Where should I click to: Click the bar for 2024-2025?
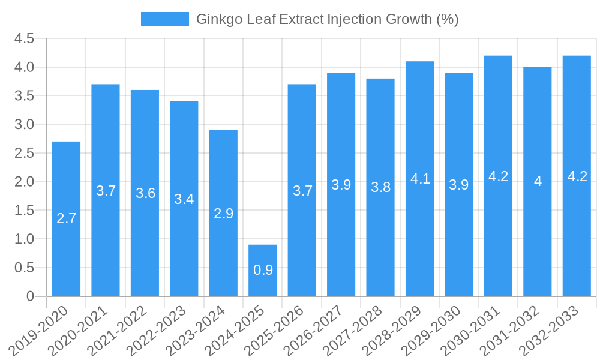pos(263,271)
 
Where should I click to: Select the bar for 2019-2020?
pos(66,219)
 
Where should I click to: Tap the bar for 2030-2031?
pos(498,176)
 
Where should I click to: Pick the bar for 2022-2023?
pos(184,199)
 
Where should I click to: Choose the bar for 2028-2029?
pos(419,179)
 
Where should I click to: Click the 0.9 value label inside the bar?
pos(263,270)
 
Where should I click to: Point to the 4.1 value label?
pos(420,179)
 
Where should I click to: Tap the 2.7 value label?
pos(66,218)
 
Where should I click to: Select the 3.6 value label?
pos(145,193)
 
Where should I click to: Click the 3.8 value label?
pos(380,187)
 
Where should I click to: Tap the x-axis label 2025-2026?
pos(281,330)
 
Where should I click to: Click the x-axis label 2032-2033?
pos(556,330)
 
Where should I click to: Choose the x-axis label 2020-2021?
pos(85,330)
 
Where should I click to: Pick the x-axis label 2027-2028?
pos(359,330)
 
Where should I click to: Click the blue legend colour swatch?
pos(164,19)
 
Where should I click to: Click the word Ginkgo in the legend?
pos(217,19)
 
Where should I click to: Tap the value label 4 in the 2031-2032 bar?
pos(538,181)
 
